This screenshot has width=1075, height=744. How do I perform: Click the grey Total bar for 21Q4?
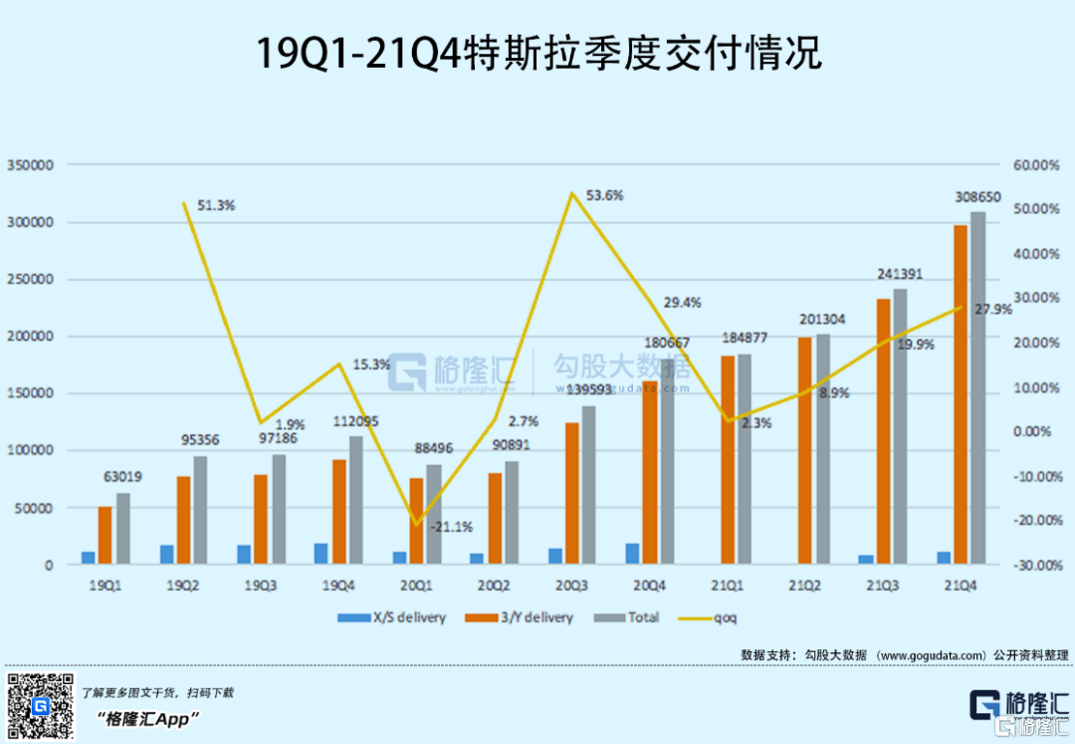[978, 388]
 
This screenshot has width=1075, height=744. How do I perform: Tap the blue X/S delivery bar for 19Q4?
[321, 554]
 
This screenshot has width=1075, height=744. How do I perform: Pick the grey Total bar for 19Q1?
[123, 529]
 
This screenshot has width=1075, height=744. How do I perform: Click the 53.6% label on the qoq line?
[604, 195]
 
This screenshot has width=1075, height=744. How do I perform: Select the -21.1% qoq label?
[451, 526]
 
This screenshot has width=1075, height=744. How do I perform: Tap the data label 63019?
[122, 477]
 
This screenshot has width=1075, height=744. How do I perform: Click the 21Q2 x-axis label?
[803, 586]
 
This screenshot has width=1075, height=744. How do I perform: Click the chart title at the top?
[538, 54]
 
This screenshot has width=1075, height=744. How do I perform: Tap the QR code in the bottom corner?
[41, 706]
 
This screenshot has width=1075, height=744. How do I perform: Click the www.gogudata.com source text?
[930, 654]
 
